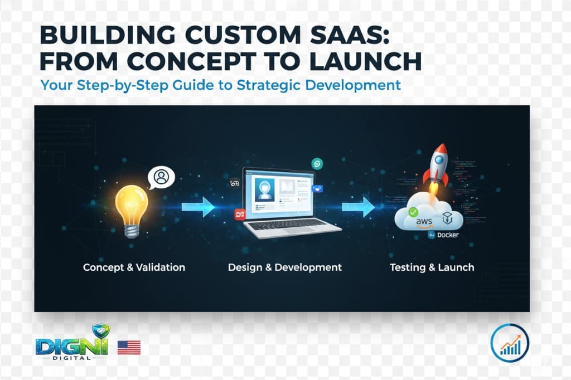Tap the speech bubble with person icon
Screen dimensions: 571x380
click(x=161, y=178)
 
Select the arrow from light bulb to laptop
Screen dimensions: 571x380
click(x=198, y=207)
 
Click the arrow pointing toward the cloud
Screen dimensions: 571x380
click(x=358, y=207)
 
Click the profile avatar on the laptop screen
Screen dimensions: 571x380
click(x=265, y=189)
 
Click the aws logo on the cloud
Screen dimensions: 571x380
click(x=424, y=222)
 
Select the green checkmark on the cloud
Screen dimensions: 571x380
click(x=413, y=212)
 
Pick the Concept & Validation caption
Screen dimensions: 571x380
click(x=134, y=267)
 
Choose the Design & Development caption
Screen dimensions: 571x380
click(x=285, y=267)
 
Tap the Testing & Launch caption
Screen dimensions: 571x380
click(x=432, y=267)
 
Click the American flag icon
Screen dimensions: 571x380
click(x=129, y=348)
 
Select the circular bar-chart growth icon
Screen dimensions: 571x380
click(x=510, y=343)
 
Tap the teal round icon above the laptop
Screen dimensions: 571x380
click(x=317, y=164)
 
